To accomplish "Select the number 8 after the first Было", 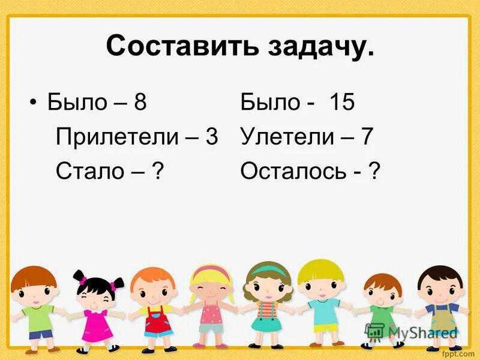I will pyautogui.click(x=140, y=103).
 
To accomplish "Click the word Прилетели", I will pyautogui.click(x=114, y=137).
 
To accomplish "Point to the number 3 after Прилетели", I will pyautogui.click(x=211, y=137).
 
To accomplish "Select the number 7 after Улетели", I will pyautogui.click(x=367, y=137).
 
